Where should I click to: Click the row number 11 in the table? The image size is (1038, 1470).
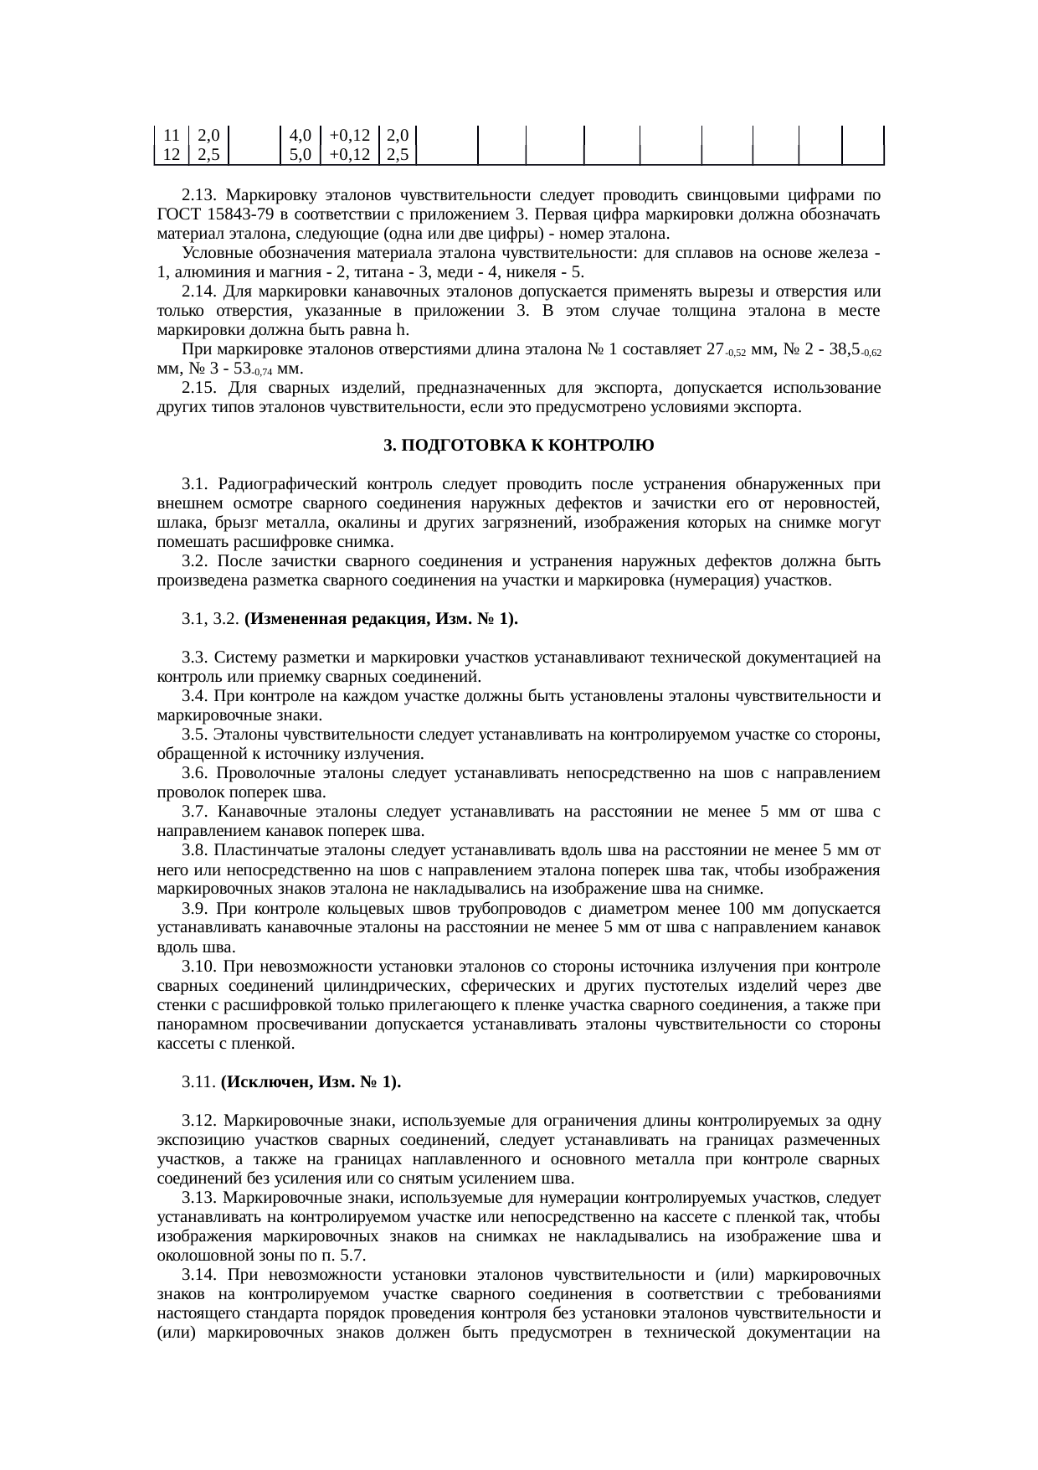171,135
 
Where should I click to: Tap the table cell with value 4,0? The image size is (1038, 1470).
300,135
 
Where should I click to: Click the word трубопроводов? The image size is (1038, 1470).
475,908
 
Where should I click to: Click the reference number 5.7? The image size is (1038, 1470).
352,1256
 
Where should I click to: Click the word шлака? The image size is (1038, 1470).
176,523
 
